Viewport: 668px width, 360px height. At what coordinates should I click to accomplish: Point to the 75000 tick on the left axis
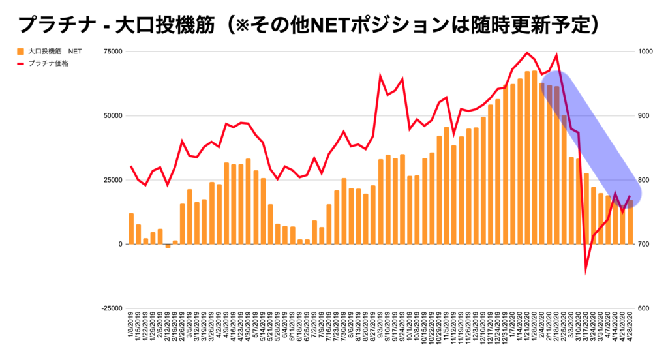pos(114,52)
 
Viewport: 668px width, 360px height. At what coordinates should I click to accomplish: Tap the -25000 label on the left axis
pos(112,308)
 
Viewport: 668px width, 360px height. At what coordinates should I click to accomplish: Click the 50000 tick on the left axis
pos(114,115)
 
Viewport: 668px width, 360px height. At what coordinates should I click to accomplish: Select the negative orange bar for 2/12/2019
pos(168,246)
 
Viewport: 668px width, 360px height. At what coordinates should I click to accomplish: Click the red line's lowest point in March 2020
pos(586,269)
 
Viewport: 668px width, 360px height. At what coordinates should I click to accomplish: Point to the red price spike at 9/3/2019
pos(381,76)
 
